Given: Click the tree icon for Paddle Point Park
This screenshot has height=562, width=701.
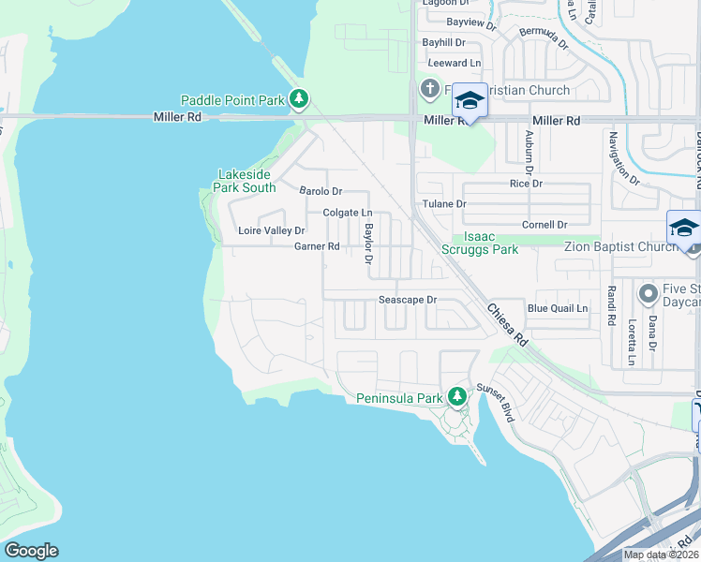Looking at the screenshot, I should click(299, 97).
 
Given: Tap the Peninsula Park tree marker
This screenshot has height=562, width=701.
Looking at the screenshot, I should click(456, 396).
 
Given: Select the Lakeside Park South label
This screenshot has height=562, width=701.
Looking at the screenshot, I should click(246, 181).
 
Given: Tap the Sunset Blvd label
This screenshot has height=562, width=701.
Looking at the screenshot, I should click(498, 402).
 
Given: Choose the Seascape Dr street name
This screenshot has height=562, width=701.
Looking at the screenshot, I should click(408, 301).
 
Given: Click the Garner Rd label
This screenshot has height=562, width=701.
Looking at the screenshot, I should click(317, 246).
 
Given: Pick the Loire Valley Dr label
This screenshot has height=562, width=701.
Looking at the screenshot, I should click(272, 230).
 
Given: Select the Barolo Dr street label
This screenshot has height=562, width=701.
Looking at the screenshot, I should click(321, 191).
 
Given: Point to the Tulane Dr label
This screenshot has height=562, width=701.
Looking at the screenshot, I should click(444, 204).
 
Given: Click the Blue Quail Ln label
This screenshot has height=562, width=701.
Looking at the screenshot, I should click(558, 308).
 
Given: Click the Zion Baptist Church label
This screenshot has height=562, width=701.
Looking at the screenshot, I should click(620, 246).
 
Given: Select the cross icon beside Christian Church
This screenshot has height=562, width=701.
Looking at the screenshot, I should click(430, 89).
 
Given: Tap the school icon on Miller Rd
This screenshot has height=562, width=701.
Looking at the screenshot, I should click(470, 100).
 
